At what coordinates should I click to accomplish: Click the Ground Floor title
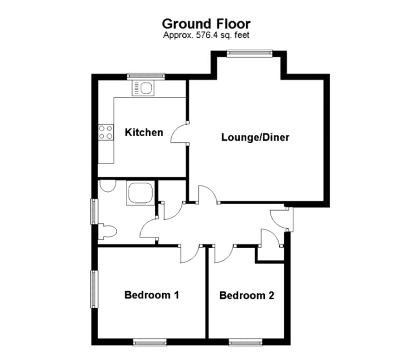[x=206, y=24]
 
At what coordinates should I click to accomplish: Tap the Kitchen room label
[x=144, y=132]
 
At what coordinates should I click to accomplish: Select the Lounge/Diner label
[x=255, y=137]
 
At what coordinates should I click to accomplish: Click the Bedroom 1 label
[x=152, y=295]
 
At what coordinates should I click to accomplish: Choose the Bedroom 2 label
[x=247, y=295]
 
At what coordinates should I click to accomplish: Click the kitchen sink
[x=143, y=88]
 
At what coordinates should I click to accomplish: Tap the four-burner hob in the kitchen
[x=106, y=132]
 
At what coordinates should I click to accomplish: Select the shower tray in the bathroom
[x=140, y=193]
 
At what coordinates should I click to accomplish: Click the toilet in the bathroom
[x=107, y=232]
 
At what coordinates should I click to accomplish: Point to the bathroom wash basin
[x=108, y=186]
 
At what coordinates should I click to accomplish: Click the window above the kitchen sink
[x=146, y=76]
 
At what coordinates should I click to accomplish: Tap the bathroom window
[x=94, y=212]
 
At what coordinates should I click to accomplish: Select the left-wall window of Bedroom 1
[x=94, y=289]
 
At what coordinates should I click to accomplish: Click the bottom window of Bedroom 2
[x=246, y=342]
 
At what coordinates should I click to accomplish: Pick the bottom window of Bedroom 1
[x=150, y=342]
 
